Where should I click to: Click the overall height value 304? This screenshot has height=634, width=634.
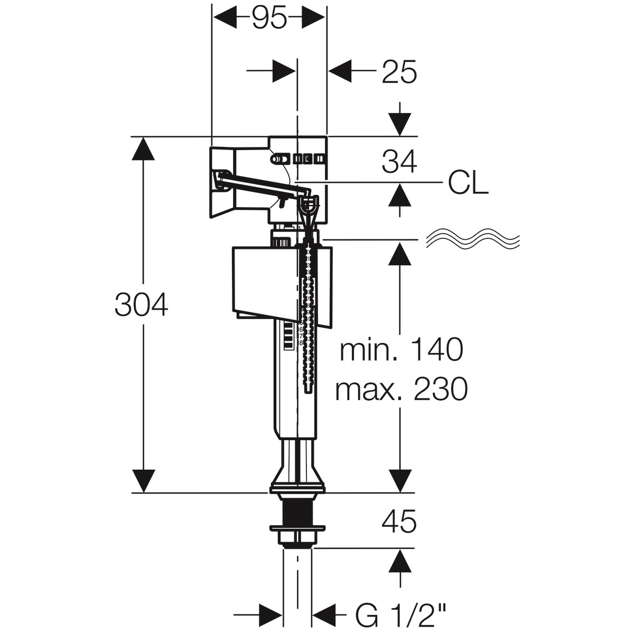pyautogui.click(x=141, y=305)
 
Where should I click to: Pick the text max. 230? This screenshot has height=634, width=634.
pyautogui.click(x=401, y=389)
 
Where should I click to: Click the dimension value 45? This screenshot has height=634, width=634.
pyautogui.click(x=399, y=521)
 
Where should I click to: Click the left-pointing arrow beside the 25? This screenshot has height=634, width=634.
pyautogui.click(x=340, y=71)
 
